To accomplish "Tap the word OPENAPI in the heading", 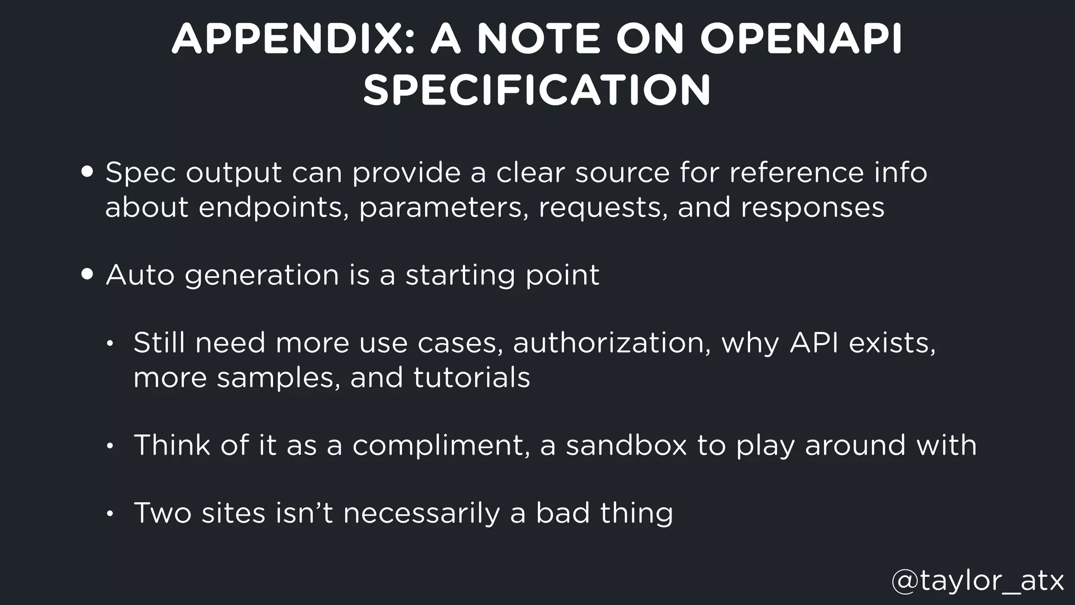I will pyautogui.click(x=801, y=39).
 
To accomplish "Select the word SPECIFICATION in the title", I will pyautogui.click(x=537, y=90).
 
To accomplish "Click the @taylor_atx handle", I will pyautogui.click(x=977, y=581).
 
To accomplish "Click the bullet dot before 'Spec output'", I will pyautogui.click(x=88, y=172).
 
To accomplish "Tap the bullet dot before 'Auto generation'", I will pyautogui.click(x=88, y=275).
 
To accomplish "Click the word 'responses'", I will pyautogui.click(x=813, y=207).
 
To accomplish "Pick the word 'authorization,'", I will pyautogui.click(x=612, y=343).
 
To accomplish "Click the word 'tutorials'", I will pyautogui.click(x=471, y=378).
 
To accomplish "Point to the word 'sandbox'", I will pyautogui.click(x=626, y=445).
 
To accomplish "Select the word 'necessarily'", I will pyautogui.click(x=421, y=514).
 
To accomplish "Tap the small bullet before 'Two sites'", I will pyautogui.click(x=109, y=514).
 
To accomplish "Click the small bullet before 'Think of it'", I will pyautogui.click(x=109, y=446).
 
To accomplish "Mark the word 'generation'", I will pyautogui.click(x=262, y=276).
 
